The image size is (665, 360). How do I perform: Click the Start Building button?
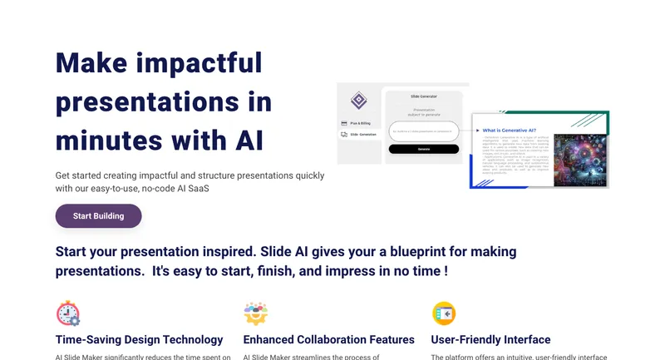pyautogui.click(x=98, y=216)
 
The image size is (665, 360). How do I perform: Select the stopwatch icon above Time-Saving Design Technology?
pyautogui.click(x=68, y=313)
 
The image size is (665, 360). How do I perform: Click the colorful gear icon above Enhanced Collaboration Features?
pyautogui.click(x=255, y=313)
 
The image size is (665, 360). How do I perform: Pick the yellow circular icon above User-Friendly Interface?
pyautogui.click(x=444, y=313)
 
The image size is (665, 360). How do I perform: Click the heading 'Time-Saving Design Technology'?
pyautogui.click(x=139, y=339)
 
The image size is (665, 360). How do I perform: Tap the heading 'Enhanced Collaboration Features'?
pyautogui.click(x=328, y=339)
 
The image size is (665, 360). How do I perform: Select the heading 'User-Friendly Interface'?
pyautogui.click(x=490, y=339)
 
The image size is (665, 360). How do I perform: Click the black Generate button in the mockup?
pyautogui.click(x=423, y=150)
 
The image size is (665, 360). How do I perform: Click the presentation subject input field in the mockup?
pyautogui.click(x=423, y=131)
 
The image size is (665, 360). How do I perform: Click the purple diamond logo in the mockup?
pyautogui.click(x=358, y=101)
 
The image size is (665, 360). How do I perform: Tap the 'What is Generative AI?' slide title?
pyautogui.click(x=510, y=130)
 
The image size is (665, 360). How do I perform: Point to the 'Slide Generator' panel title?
pyautogui.click(x=424, y=96)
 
